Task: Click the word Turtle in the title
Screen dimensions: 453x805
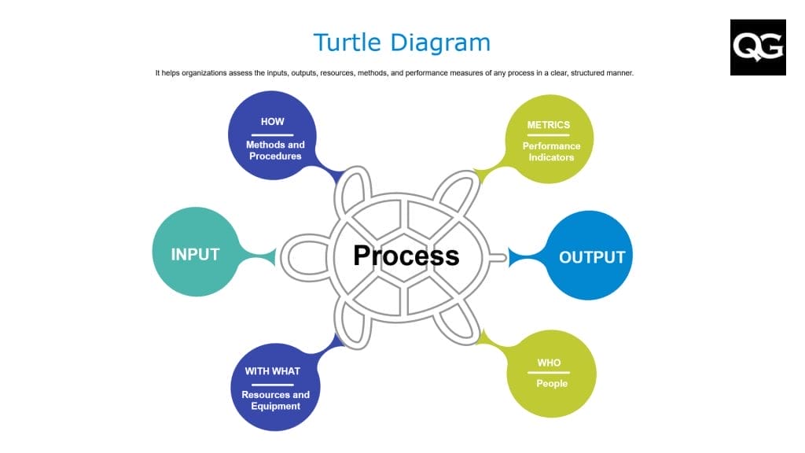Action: coord(351,42)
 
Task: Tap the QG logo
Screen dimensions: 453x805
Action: coord(758,47)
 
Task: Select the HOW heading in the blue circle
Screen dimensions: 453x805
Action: coord(273,122)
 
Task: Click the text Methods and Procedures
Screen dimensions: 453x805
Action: coord(275,150)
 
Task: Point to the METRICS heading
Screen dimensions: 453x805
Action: coord(548,125)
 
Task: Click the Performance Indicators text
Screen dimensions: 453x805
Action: coord(551,151)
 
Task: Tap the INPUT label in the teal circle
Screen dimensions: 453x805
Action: coord(195,254)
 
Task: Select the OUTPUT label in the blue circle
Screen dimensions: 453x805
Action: coord(592,257)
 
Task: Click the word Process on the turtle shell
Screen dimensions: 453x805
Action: coord(406,255)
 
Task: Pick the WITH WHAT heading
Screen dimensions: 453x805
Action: coord(272,371)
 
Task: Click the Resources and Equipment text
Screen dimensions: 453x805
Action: coord(275,400)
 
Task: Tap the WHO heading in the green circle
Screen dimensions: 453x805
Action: coord(549,363)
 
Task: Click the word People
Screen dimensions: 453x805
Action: coord(552,384)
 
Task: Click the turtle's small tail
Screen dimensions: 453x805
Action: coord(498,256)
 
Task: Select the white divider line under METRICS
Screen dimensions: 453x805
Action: coord(548,135)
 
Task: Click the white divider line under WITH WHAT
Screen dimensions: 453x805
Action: coord(272,384)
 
